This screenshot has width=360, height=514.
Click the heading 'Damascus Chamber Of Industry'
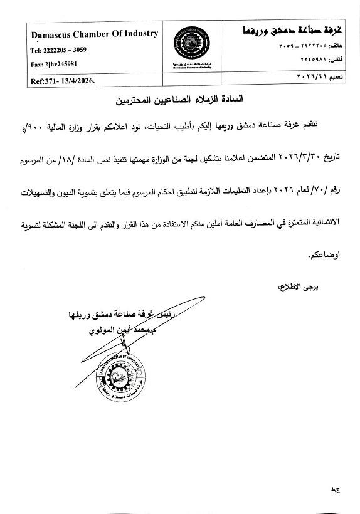93,34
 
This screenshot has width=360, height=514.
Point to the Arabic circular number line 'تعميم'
310,76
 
